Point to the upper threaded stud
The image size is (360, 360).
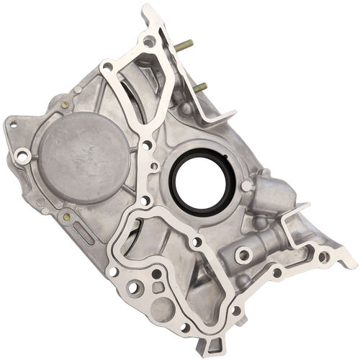pos(184,45)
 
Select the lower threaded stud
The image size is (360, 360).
pos(199,87)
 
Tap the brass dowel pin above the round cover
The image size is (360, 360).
pos(65,104)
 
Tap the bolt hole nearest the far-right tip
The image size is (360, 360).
pos(323,256)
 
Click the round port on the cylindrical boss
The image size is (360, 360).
pos(243,254)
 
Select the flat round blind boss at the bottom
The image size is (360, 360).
pos(163,309)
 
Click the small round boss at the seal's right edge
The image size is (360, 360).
pos(246,186)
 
